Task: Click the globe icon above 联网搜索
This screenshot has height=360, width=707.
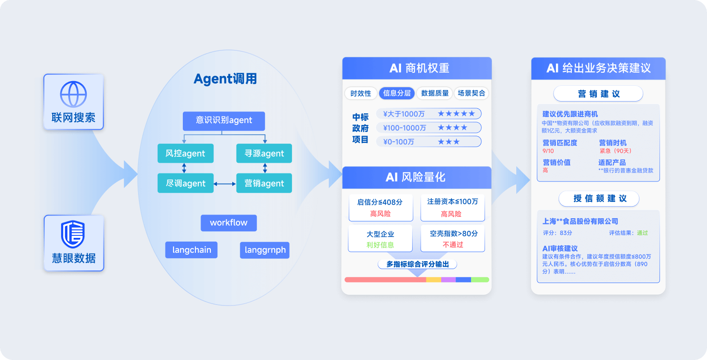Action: (x=73, y=95)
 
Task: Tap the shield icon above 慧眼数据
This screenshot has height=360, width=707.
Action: (x=73, y=235)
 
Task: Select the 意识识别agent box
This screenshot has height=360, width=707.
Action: (x=224, y=121)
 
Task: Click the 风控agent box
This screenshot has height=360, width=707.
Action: (x=186, y=153)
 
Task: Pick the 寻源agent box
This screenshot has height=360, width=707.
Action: (x=264, y=153)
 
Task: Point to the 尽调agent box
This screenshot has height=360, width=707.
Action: (x=186, y=183)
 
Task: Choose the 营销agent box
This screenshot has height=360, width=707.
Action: (x=264, y=183)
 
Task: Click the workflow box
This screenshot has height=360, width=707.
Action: (x=229, y=223)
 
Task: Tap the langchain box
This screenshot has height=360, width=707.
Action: (x=192, y=250)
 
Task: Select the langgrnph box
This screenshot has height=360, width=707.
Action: (x=264, y=250)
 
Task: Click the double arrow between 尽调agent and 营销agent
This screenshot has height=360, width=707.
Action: (x=225, y=184)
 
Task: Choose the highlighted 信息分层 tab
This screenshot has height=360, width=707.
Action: (x=396, y=93)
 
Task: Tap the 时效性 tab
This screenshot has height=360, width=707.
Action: (x=360, y=93)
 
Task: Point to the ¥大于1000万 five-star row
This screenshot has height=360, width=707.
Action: (x=429, y=114)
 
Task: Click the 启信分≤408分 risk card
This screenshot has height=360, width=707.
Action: (x=381, y=208)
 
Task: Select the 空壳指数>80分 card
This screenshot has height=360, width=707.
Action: (x=452, y=238)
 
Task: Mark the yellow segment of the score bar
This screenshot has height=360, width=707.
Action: (x=434, y=280)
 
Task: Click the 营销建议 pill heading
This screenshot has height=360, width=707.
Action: (x=598, y=94)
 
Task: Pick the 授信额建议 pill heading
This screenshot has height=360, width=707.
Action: (x=599, y=199)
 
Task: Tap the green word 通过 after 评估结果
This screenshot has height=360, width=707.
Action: (x=642, y=233)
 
